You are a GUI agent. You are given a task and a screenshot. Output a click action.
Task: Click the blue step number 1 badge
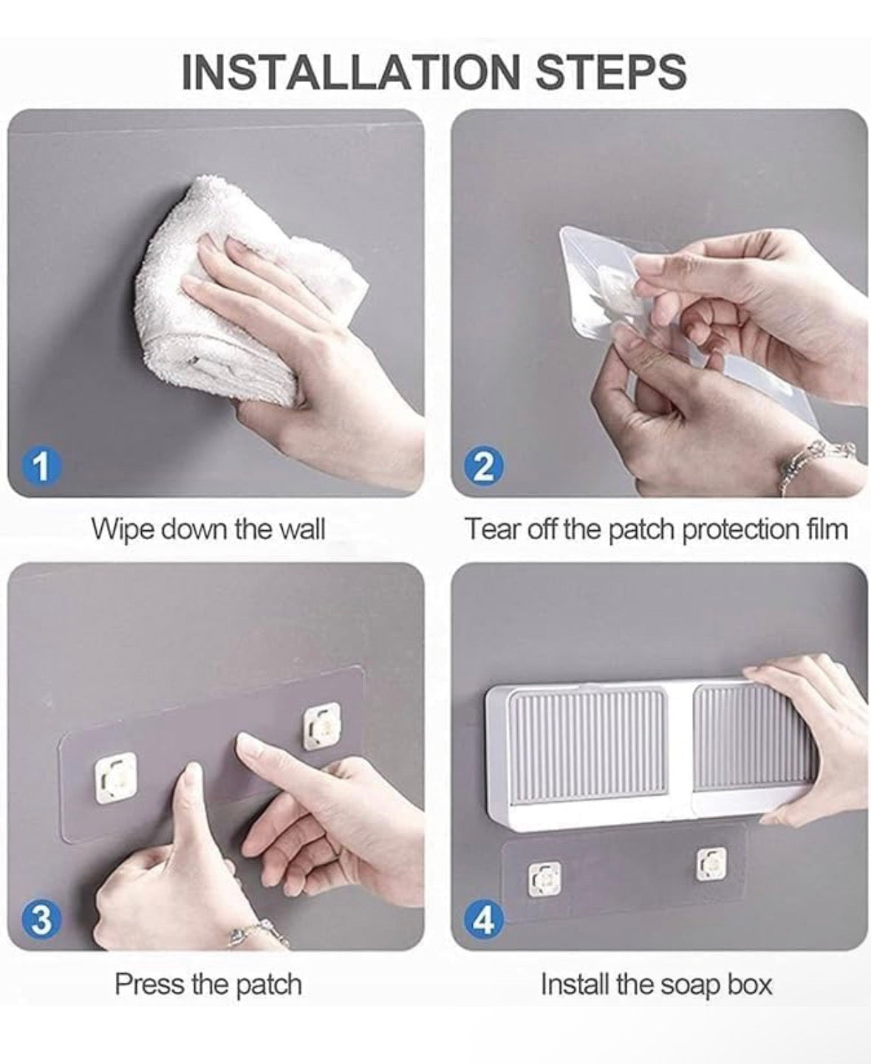pos(41,467)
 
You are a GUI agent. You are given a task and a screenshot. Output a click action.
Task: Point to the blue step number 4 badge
pos(483,922)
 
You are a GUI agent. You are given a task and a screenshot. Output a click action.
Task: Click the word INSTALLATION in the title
pos(351,72)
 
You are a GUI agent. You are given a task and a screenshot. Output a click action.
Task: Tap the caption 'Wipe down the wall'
pos(208,529)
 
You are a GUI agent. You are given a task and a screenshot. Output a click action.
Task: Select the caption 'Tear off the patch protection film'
pos(655,529)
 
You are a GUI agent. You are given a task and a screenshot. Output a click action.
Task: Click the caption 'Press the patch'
pos(208,984)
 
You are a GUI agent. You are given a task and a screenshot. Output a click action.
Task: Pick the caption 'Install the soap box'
pos(656,984)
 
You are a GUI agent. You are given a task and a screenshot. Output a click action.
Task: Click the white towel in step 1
pos(222,295)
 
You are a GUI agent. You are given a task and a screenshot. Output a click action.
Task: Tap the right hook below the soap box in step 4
pos(711,863)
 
